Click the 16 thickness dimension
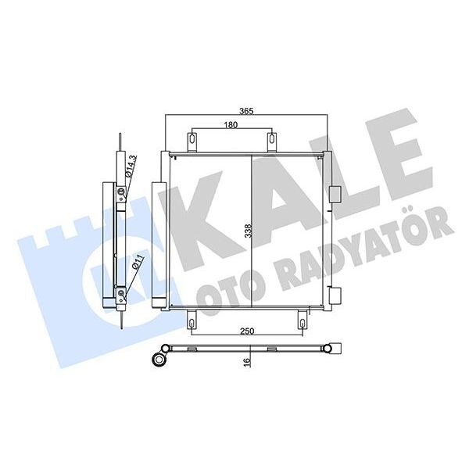[x=247, y=362]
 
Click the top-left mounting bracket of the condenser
[x=192, y=141]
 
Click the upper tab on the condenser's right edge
[x=335, y=192]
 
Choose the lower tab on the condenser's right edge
[x=335, y=295]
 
